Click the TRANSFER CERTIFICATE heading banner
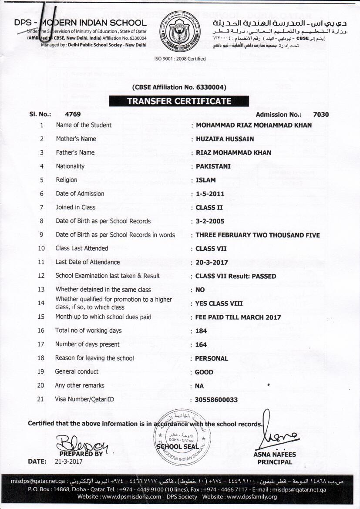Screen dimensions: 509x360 (x=179, y=101)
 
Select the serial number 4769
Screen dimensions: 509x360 (x=72, y=115)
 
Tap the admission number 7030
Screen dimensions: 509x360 (x=321, y=115)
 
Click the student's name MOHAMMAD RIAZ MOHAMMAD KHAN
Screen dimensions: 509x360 (x=254, y=125)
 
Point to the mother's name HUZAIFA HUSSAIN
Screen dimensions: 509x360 (x=225, y=139)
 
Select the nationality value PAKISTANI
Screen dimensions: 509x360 (x=213, y=166)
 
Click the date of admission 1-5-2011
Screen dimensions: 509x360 (x=210, y=194)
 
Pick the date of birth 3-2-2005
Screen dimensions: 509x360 (x=210, y=221)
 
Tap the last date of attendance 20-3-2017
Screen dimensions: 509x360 (x=212, y=263)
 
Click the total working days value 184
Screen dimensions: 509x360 (x=201, y=331)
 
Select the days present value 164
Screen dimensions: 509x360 (x=201, y=345)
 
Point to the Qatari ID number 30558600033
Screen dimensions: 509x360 (x=217, y=400)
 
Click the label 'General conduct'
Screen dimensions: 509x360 (x=77, y=372)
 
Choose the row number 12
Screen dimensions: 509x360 (x=41, y=276)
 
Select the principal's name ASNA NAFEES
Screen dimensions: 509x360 (x=275, y=455)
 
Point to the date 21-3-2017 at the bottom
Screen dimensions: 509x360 (x=68, y=461)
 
